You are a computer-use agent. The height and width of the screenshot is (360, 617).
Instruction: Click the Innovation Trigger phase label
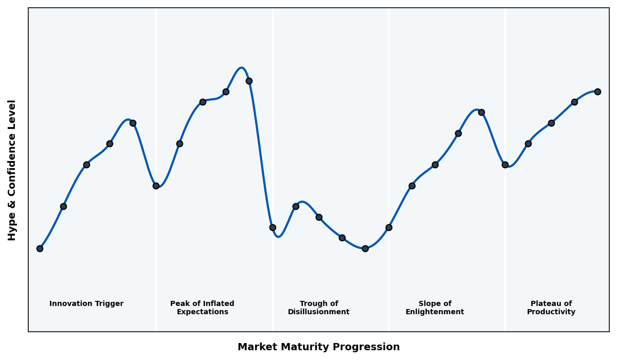[86, 304]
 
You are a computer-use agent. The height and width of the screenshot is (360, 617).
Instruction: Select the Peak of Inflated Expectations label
[202, 308]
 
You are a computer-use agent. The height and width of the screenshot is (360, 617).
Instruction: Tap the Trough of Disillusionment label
[318, 308]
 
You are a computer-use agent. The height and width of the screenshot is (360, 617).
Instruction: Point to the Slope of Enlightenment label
[434, 308]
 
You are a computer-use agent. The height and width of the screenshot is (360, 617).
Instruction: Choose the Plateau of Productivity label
[551, 308]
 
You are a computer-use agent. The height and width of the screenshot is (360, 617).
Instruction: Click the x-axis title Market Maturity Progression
[318, 347]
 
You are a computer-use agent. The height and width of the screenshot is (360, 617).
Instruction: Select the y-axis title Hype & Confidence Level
[12, 170]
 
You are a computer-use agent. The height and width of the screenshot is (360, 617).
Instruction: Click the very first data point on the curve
[40, 248]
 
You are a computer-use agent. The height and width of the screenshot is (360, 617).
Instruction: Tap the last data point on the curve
[597, 92]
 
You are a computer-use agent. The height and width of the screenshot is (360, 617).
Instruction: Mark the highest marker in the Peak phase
[249, 81]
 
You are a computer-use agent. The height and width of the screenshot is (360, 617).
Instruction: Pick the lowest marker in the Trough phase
[365, 248]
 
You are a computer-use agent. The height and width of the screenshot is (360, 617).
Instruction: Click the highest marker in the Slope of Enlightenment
[481, 112]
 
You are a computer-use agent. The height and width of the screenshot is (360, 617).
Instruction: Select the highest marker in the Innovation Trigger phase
[133, 123]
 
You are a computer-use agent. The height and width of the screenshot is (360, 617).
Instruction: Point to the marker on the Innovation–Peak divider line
[156, 186]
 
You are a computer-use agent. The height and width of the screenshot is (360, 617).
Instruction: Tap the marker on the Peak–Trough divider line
[273, 227]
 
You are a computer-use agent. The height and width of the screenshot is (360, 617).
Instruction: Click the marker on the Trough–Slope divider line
[389, 227]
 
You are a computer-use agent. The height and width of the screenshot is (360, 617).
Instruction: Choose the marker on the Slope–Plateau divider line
[505, 165]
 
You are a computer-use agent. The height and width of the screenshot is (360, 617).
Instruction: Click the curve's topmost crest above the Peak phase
[241, 68]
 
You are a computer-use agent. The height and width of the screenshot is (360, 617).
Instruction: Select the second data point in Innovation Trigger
[63, 206]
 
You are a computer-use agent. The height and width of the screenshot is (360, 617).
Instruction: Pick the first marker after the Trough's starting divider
[296, 206]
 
